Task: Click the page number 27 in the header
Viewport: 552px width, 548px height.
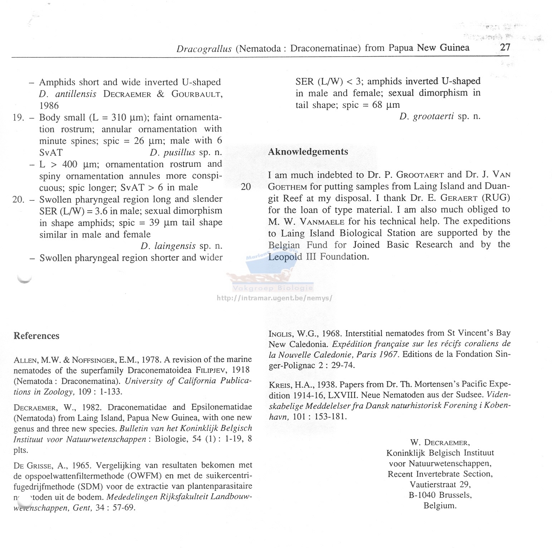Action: [505, 47]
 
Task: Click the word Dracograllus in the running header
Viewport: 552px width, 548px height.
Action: [204, 48]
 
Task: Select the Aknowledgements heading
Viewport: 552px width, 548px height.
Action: [308, 152]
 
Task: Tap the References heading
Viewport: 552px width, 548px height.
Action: [36, 336]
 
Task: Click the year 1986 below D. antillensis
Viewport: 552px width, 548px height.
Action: [49, 106]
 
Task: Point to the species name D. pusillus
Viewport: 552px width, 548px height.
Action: [172, 152]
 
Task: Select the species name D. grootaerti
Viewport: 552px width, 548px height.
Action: [426, 116]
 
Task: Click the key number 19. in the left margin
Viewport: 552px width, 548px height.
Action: [18, 117]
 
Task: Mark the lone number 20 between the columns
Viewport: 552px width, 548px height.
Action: [246, 187]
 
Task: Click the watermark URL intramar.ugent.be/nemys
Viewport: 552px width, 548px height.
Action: [275, 298]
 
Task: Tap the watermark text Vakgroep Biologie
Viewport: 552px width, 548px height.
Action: [273, 288]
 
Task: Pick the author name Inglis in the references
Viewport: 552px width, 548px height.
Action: [281, 334]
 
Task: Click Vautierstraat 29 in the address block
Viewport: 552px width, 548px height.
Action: [440, 485]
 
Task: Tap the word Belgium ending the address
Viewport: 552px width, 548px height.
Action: [440, 506]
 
